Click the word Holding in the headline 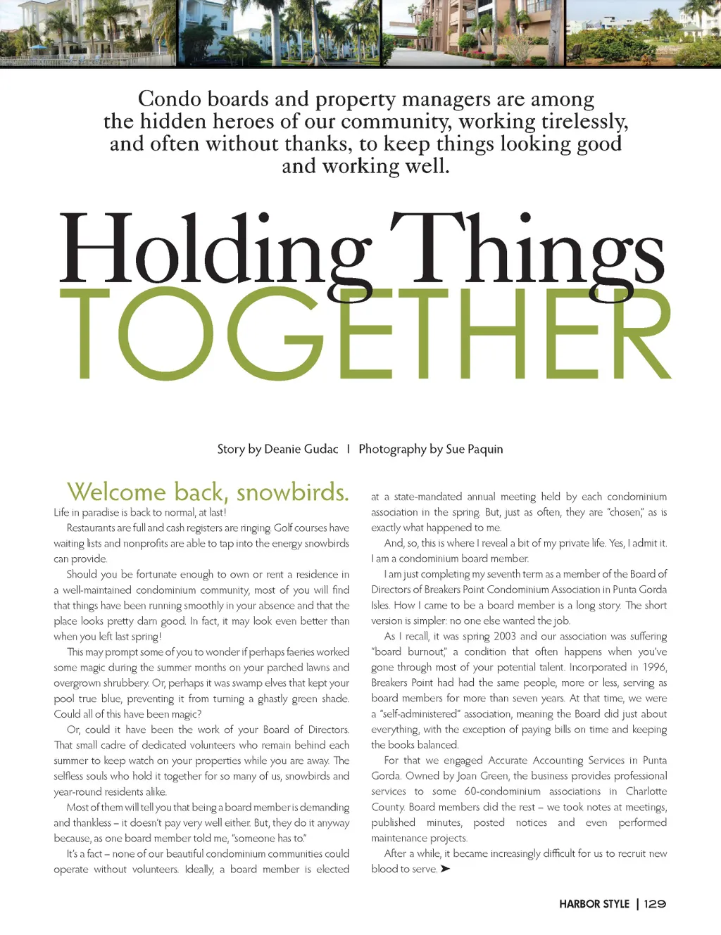pyautogui.click(x=215, y=250)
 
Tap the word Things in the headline pyautogui.click(x=527, y=250)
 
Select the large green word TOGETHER pyautogui.click(x=365, y=335)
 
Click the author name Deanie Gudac pyautogui.click(x=301, y=450)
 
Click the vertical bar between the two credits pyautogui.click(x=349, y=450)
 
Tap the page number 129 pyautogui.click(x=655, y=904)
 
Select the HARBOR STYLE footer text pyautogui.click(x=594, y=904)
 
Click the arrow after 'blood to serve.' pyautogui.click(x=445, y=870)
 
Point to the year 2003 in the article pyautogui.click(x=504, y=637)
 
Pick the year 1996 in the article pyautogui.click(x=655, y=668)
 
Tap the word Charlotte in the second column pyautogui.click(x=646, y=791)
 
